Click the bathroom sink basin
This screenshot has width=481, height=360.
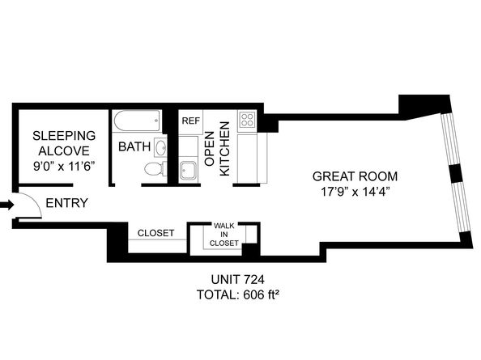pyautogui.click(x=160, y=149)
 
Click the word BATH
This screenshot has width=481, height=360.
pyautogui.click(x=133, y=147)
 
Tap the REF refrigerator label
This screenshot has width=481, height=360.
pyautogui.click(x=190, y=121)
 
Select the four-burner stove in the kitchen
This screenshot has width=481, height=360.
pyautogui.click(x=247, y=121)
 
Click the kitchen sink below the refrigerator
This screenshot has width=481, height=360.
pyautogui.click(x=188, y=171)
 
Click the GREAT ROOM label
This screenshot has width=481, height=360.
pyautogui.click(x=355, y=176)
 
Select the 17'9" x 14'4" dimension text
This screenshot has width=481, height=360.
pyautogui.click(x=355, y=193)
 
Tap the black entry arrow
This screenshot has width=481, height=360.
pyautogui.click(x=7, y=205)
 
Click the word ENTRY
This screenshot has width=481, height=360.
pyautogui.click(x=66, y=203)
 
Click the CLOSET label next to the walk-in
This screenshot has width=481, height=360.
pyautogui.click(x=155, y=233)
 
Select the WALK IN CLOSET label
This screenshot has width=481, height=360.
pyautogui.click(x=224, y=235)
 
